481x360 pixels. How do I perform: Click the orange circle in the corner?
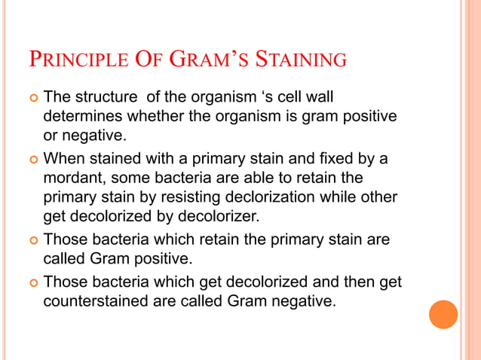click(443, 314)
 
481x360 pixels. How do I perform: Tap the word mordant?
click(74, 178)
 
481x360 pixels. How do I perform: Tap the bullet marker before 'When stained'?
click(31, 159)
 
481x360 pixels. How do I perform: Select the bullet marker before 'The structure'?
click(31, 98)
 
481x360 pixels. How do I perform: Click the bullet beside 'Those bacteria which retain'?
click(31, 240)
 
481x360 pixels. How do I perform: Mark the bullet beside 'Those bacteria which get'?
click(31, 282)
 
